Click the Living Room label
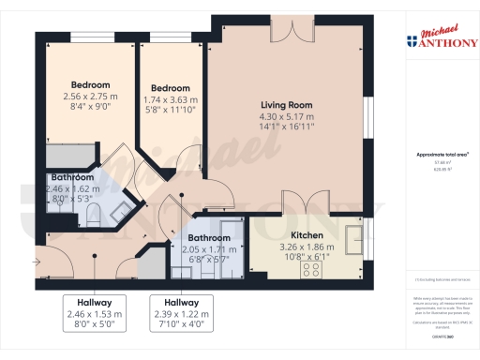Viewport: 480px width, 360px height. pos(286,105)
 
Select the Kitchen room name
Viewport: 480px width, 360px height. pos(307,235)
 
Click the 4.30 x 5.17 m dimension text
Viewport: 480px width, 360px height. pos(286,116)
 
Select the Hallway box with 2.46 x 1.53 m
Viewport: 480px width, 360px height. pos(90,314)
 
